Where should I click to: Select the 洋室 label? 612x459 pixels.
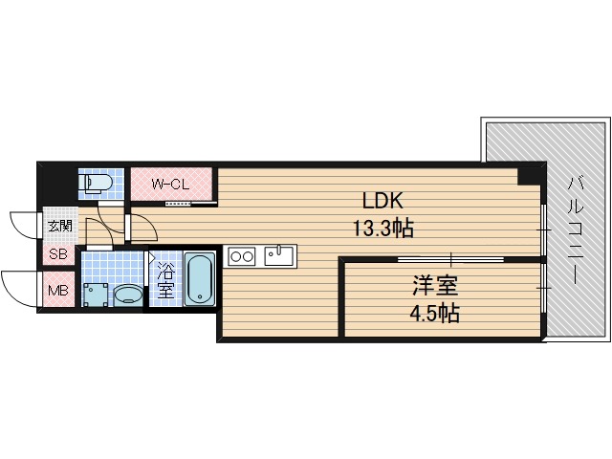coord(430,286)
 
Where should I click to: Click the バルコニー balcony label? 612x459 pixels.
coord(576,229)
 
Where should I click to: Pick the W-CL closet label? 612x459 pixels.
coord(172,184)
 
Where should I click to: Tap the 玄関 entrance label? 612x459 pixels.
coord(59,226)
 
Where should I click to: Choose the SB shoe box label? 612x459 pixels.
coord(58,255)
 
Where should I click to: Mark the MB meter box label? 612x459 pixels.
coord(58,291)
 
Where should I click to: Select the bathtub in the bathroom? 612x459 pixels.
coord(198,279)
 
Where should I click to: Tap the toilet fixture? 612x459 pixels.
coord(98,183)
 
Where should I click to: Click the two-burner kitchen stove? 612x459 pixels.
coord(242,255)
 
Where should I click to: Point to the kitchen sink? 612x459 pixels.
coord(279,254)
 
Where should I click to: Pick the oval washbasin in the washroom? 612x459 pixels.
coord(126,295)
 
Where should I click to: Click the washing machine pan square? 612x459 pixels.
coord(95,294)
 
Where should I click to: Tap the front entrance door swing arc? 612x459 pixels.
coord(23,224)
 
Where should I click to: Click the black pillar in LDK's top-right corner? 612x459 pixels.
coord(528,175)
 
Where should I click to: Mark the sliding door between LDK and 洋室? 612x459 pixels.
coord(449,259)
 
